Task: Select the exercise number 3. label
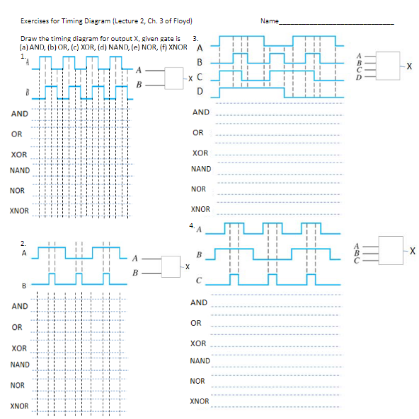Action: [196, 37]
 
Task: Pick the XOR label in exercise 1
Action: [19, 154]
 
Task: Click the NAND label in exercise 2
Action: [20, 365]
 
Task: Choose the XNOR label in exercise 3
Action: [201, 210]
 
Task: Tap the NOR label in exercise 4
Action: [198, 382]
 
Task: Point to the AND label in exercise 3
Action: [201, 112]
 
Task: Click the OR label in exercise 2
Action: [16, 327]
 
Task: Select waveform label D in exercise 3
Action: [200, 91]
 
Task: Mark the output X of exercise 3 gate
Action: [409, 66]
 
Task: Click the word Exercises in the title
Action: [35, 20]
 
